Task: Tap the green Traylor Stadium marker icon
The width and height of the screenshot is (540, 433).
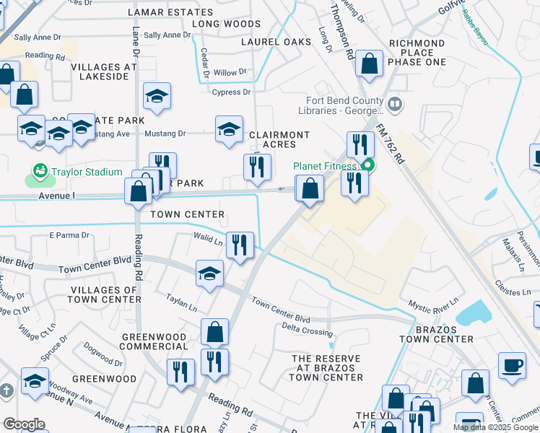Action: pos(39,172)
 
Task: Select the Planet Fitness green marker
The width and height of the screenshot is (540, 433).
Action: pos(367,165)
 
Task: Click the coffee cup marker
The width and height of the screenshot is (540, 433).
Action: pos(513,364)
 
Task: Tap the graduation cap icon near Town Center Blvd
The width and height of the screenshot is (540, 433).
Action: pos(209,274)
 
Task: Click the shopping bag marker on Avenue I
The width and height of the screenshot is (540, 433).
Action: pos(138,191)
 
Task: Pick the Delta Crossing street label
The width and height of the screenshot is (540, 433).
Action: pos(305,330)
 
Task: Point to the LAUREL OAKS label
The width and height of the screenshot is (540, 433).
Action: pos(276,42)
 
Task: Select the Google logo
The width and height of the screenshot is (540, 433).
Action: pos(24,424)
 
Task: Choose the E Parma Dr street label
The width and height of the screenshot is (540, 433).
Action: pos(69,235)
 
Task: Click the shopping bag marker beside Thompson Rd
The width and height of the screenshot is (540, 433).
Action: pos(369,64)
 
